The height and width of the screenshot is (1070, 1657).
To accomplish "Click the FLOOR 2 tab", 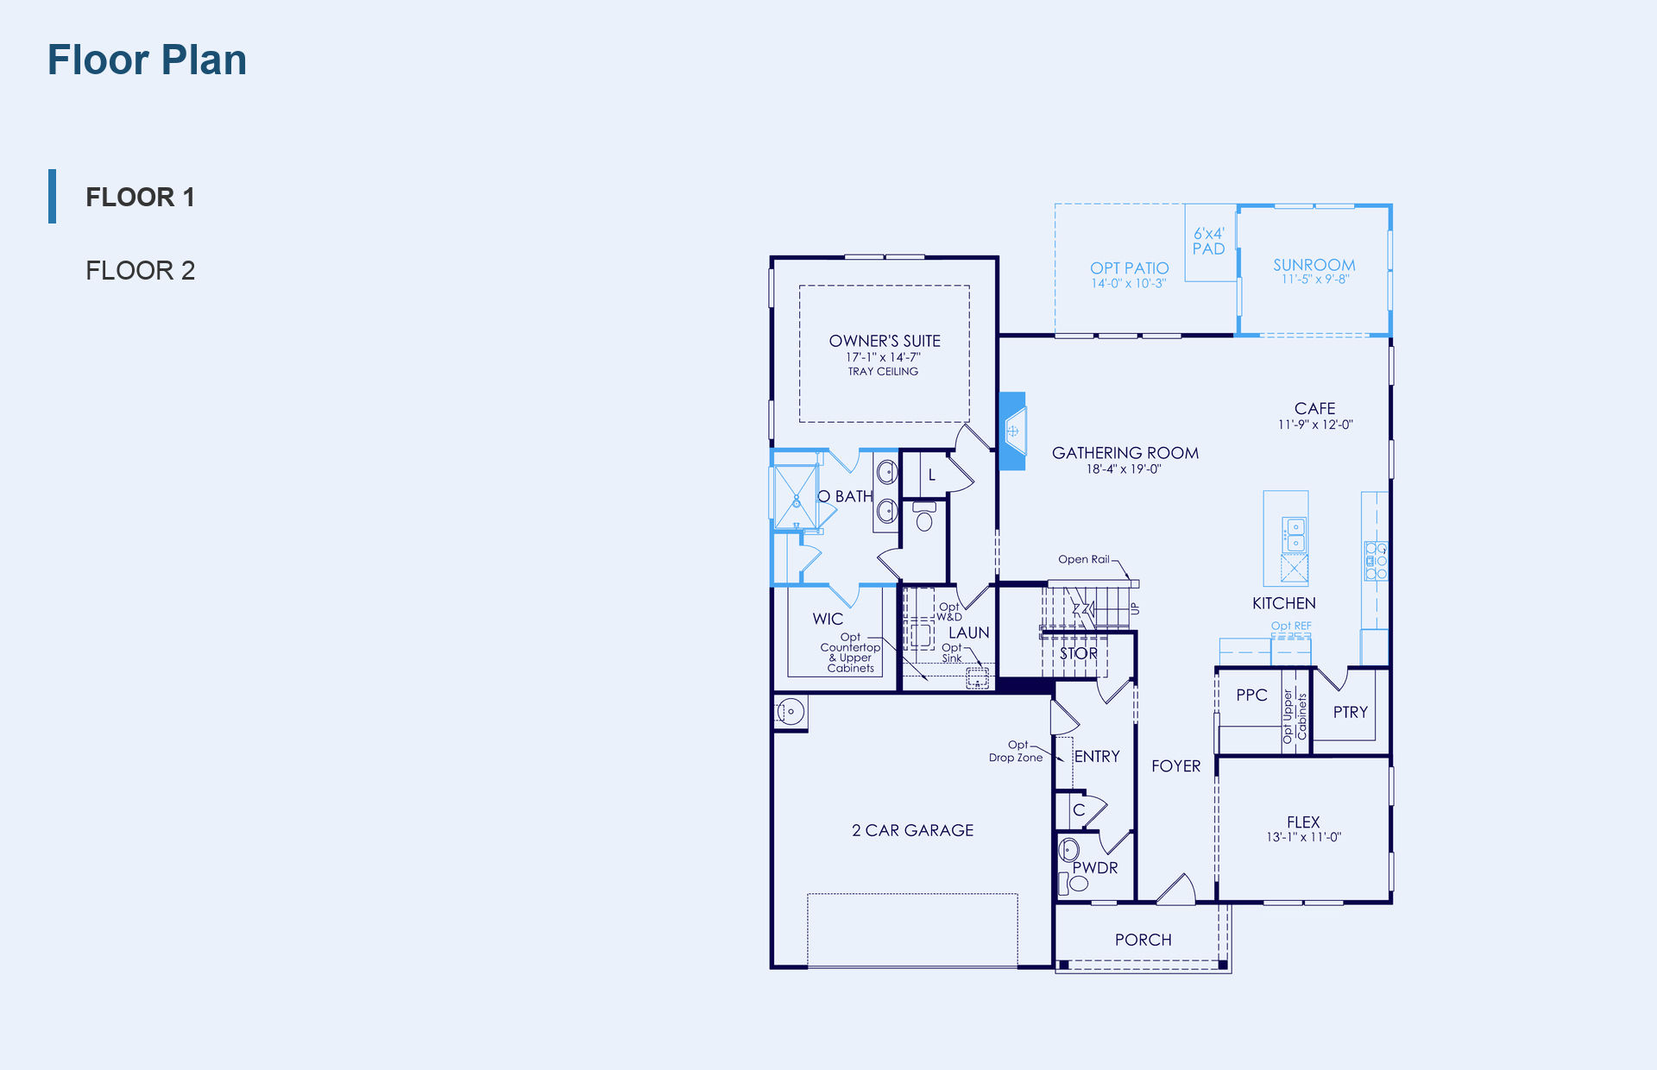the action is (140, 270).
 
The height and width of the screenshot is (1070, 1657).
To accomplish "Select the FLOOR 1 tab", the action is (140, 197).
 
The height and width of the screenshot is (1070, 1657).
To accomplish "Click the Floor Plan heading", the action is (147, 60).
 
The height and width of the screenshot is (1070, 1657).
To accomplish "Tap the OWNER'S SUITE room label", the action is (885, 341).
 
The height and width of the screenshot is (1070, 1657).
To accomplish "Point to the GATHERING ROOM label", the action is (1125, 453).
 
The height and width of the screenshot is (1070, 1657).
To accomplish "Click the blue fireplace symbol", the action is (1012, 431).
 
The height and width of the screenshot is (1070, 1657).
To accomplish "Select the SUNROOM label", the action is (1314, 265).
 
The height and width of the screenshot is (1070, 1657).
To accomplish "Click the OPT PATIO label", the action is (1129, 268).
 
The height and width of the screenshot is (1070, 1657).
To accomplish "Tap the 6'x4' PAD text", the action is (1208, 241).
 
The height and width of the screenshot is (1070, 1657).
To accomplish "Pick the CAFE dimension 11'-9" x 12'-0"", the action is (1315, 425).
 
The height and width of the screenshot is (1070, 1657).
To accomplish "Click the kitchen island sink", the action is (1295, 534).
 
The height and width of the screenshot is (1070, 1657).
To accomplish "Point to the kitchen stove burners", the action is (1376, 560).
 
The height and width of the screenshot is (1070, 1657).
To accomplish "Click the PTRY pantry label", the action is (1350, 712).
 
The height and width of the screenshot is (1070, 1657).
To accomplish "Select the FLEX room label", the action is (1303, 821).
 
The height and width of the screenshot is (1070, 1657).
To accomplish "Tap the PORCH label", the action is (1143, 940).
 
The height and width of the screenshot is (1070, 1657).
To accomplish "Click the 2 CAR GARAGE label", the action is (912, 830).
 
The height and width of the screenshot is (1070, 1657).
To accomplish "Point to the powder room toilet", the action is (1078, 883).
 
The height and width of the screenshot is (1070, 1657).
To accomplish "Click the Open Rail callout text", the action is (1084, 559).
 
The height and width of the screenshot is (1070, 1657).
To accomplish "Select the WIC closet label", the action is (828, 619).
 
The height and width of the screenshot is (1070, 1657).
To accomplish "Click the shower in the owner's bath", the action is (796, 497).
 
